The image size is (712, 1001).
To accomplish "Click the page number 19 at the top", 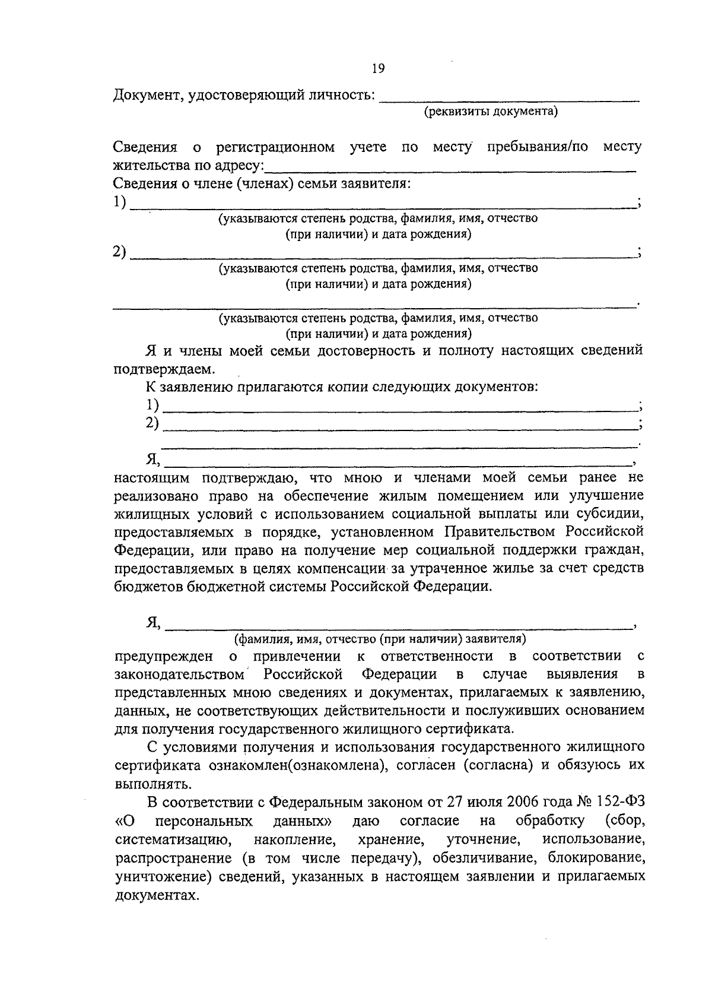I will (x=378, y=69).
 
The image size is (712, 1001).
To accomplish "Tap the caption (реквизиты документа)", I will (x=490, y=112).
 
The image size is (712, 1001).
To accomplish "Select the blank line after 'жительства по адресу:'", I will (x=451, y=168).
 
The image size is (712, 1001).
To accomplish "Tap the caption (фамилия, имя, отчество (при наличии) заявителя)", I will (x=380, y=639).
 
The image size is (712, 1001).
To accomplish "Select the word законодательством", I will (x=179, y=674).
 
